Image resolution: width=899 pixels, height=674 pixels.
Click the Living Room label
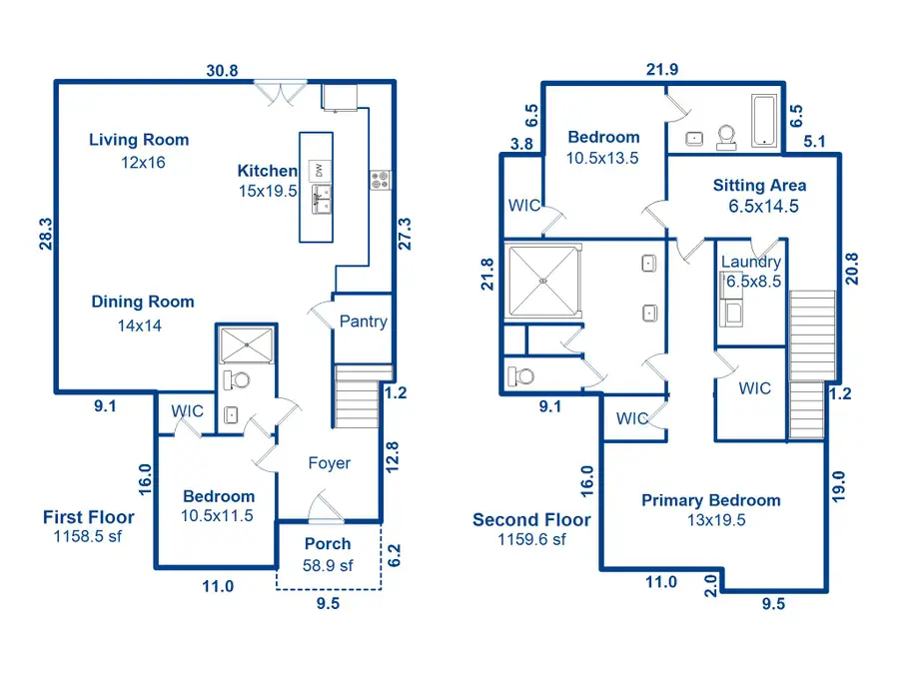point(139,140)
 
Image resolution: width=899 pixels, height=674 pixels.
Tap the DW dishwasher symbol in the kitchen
point(319,170)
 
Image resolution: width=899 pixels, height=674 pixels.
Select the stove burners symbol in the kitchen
point(381,180)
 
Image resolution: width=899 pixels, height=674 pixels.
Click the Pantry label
point(363,322)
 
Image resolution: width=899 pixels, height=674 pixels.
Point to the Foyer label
point(329,463)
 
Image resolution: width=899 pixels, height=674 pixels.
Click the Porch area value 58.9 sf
point(327,564)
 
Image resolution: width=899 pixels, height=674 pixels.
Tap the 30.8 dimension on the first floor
point(223,71)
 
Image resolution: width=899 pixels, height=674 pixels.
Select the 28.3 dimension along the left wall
point(46,236)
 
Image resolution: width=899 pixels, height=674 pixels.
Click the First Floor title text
point(88,517)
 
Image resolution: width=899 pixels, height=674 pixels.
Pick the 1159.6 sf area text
point(532,539)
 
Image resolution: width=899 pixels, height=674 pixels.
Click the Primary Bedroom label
point(710,500)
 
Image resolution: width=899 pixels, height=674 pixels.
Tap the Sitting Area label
point(759,185)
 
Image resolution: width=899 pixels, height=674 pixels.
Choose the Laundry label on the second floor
point(750,263)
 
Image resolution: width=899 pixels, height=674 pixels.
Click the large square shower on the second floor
point(543,281)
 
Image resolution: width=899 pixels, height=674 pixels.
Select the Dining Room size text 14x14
point(140,325)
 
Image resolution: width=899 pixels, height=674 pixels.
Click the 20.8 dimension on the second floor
point(851,268)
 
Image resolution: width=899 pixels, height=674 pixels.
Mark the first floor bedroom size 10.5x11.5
point(218,516)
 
